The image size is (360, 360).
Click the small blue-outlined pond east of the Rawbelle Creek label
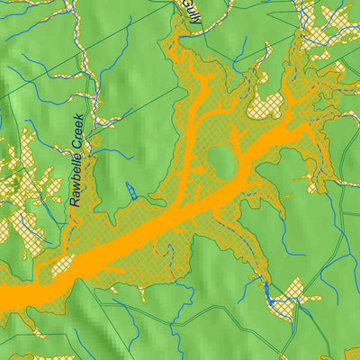[132, 190]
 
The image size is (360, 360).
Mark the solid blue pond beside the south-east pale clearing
[266, 291]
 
